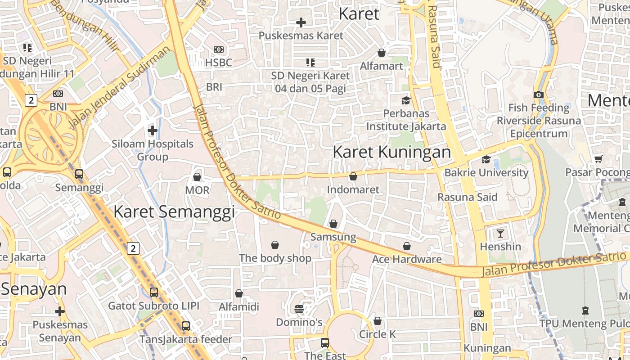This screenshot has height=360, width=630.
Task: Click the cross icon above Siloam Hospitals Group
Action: click(153, 130)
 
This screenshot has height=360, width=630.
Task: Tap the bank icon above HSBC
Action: click(219, 49)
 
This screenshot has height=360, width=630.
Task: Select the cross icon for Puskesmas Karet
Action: click(301, 22)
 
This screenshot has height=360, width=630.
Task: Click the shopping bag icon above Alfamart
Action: click(382, 53)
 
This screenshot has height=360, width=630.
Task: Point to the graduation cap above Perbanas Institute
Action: click(406, 100)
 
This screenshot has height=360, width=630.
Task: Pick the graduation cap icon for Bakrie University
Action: click(486, 159)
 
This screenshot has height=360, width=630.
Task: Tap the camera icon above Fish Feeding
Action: click(539, 94)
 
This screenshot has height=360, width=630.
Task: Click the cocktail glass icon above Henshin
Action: click(500, 233)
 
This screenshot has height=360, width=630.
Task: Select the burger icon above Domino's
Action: click(299, 309)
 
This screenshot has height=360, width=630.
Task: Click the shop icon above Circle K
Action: click(378, 321)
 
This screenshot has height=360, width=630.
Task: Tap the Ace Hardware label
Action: click(407, 259)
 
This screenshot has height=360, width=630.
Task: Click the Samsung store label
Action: click(333, 237)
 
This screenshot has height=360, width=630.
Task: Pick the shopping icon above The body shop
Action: click(275, 245)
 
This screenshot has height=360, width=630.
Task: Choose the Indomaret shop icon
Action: click(353, 176)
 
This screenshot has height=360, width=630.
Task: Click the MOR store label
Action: click(197, 190)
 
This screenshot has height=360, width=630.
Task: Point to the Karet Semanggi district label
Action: click(174, 211)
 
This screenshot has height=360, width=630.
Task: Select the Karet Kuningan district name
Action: click(391, 152)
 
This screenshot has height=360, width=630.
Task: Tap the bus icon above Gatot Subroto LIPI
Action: click(154, 292)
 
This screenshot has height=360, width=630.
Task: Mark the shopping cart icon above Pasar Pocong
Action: click(598, 159)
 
